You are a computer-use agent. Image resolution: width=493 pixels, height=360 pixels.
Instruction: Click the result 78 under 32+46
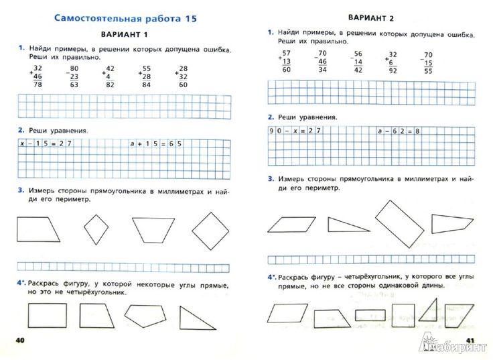coord(38,85)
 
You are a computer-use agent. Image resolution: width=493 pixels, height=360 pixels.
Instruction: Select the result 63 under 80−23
coord(74,85)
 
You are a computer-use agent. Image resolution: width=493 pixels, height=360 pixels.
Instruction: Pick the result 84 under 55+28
coord(146,84)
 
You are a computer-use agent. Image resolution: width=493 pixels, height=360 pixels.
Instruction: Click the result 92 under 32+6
coord(393,70)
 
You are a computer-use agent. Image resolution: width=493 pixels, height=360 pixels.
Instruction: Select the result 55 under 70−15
coord(429,70)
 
